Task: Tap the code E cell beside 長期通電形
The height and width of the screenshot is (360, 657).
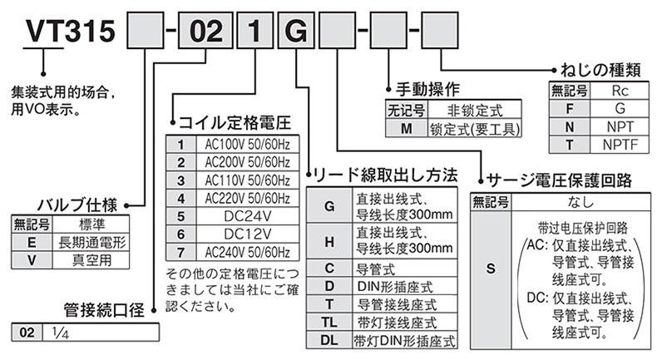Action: (x=30, y=241)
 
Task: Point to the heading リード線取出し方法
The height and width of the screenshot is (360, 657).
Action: (x=385, y=175)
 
